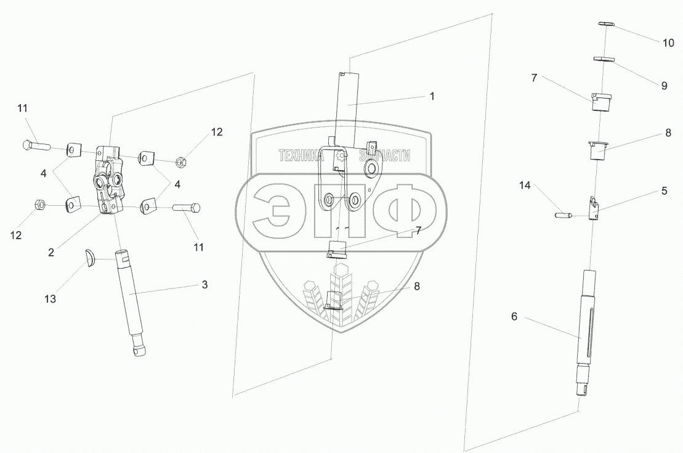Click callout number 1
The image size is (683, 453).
[432, 96]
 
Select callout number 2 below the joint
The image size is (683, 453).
[51, 252]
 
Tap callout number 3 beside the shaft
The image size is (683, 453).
[205, 285]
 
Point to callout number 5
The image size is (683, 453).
[664, 191]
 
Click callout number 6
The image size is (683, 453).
[514, 317]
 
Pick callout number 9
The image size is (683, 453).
[664, 86]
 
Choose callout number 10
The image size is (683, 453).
[668, 43]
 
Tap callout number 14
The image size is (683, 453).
[524, 185]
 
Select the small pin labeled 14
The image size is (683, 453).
[564, 215]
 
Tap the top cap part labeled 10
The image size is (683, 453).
[606, 23]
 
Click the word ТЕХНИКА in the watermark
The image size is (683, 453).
[301, 157]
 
